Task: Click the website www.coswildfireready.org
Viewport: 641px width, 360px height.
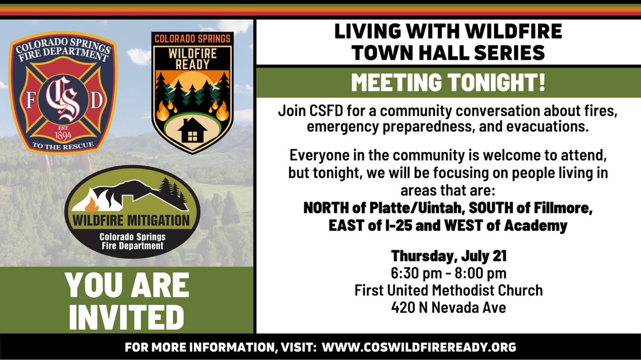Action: (419, 347)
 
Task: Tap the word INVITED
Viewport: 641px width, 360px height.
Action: (127, 317)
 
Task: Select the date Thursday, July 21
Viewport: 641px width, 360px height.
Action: (449, 256)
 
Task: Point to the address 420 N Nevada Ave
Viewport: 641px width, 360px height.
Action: (449, 307)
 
